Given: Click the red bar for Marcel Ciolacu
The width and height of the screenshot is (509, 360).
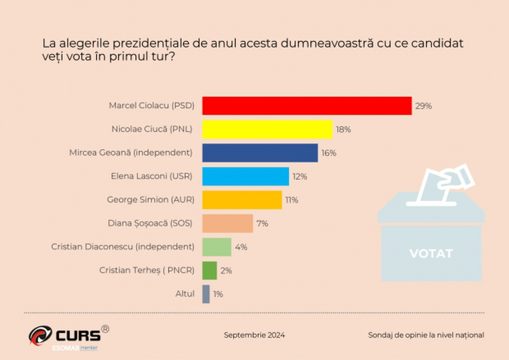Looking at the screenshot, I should point(307,106).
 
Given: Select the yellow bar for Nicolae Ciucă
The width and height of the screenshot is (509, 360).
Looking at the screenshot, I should point(267,129).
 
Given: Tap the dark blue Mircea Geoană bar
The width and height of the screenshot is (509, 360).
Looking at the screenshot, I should point(260,153).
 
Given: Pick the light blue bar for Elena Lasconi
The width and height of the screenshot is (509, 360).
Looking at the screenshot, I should point(246,177).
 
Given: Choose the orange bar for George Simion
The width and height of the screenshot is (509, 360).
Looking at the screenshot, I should point(242,200).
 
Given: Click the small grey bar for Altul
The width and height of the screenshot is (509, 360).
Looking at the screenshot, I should point(206,293).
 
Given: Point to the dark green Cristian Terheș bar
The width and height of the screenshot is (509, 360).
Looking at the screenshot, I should point(210,270).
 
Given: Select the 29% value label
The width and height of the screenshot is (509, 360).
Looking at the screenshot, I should point(423,106).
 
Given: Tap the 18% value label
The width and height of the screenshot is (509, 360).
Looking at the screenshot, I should point(343,129).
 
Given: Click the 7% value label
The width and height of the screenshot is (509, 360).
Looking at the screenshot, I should point(262,224).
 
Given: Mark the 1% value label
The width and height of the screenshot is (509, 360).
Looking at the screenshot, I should point(218,294).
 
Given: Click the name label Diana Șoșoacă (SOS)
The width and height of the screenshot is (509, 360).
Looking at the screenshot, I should point(158,223).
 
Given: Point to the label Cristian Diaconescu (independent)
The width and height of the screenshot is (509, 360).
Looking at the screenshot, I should point(123,247).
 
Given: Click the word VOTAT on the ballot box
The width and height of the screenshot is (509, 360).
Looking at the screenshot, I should point(431,254).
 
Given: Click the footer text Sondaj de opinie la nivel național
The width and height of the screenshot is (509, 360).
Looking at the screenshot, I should point(425,335).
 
